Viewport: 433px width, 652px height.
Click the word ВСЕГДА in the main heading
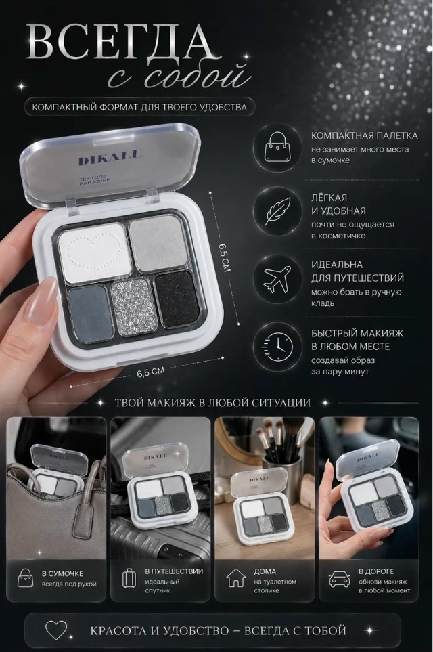coord(123,43)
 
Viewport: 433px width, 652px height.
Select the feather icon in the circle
coord(277,211)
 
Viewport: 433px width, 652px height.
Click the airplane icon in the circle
coord(277,279)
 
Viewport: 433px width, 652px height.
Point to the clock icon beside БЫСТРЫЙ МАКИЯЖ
coord(276,347)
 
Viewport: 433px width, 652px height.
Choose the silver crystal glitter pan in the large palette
coord(134,307)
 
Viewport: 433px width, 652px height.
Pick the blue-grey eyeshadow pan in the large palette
coord(91,313)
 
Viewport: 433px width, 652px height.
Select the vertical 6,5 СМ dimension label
coord(223,258)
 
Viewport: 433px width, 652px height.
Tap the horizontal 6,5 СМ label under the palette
coord(150,372)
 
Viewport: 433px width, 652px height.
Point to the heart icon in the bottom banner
coord(56,630)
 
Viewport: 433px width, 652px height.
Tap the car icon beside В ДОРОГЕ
coord(340,579)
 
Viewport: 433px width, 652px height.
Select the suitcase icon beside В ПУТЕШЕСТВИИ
coord(129,578)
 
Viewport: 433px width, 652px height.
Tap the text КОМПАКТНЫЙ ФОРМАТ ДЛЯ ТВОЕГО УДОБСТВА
coord(139,107)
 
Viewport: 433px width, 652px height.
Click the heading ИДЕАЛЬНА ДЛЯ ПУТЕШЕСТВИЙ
coord(357,271)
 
